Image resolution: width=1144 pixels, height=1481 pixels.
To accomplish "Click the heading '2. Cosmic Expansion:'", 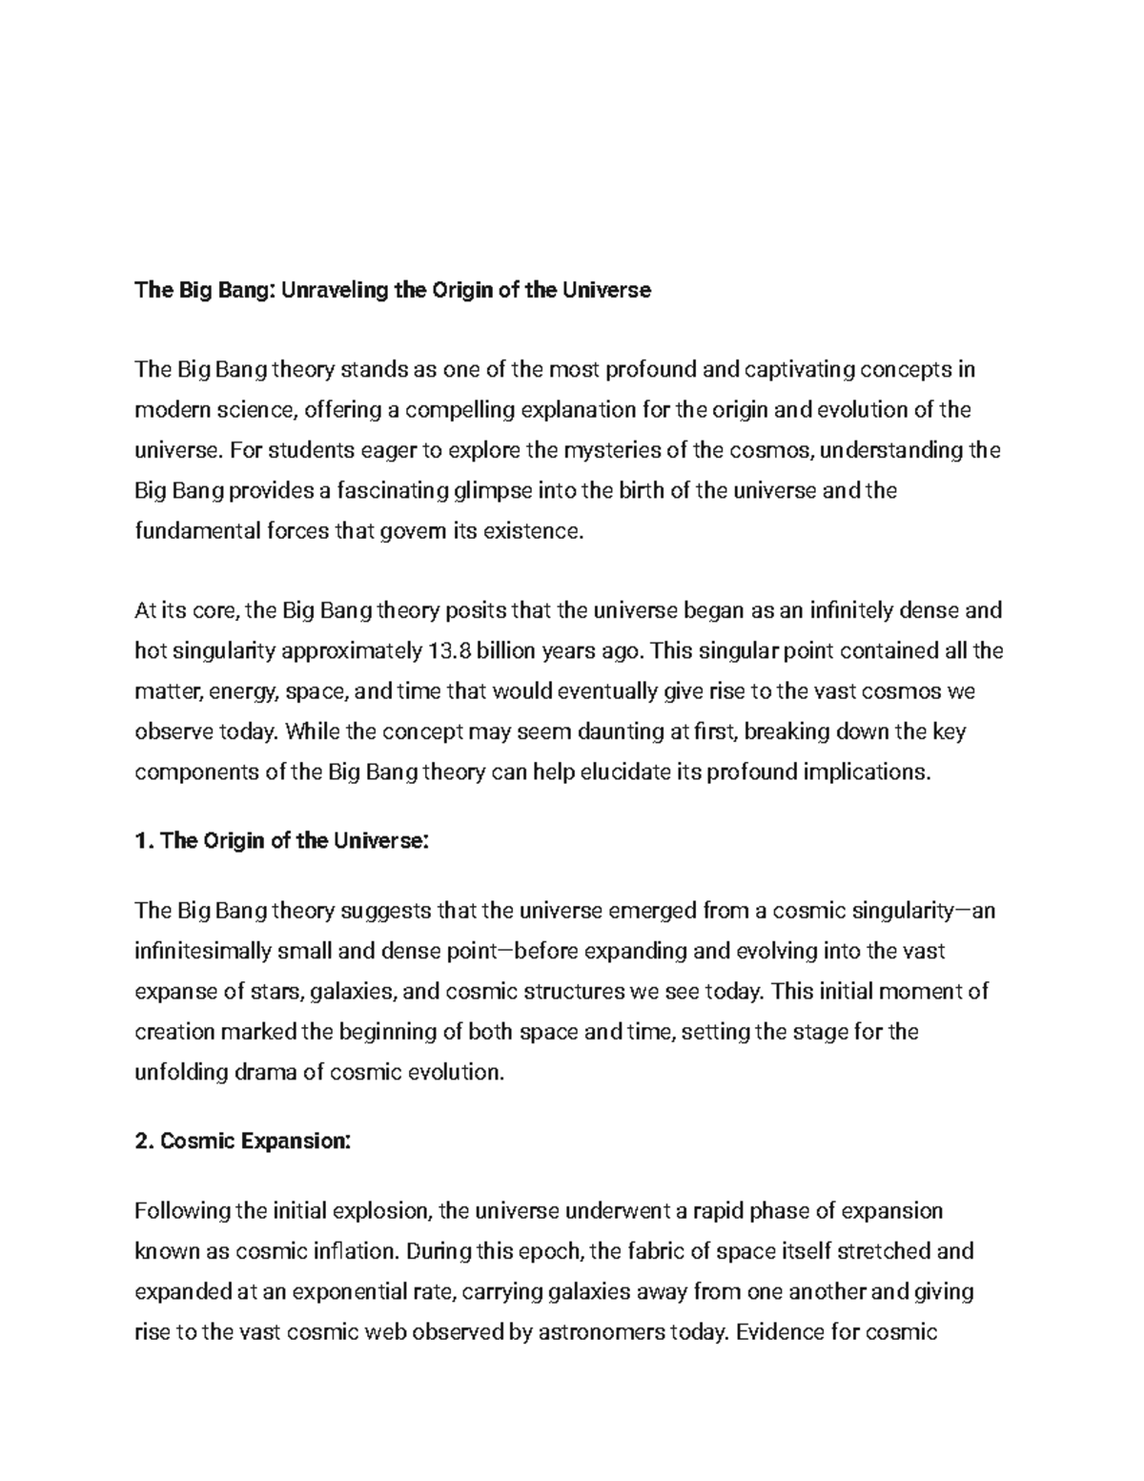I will pyautogui.click(x=243, y=1142).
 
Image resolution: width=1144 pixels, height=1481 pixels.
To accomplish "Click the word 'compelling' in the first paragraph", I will pyautogui.click(x=460, y=410).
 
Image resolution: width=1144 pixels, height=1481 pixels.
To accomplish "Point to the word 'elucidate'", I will pyautogui.click(x=619, y=772).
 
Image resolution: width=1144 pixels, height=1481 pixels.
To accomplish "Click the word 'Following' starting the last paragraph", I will pyautogui.click(x=182, y=1211).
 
